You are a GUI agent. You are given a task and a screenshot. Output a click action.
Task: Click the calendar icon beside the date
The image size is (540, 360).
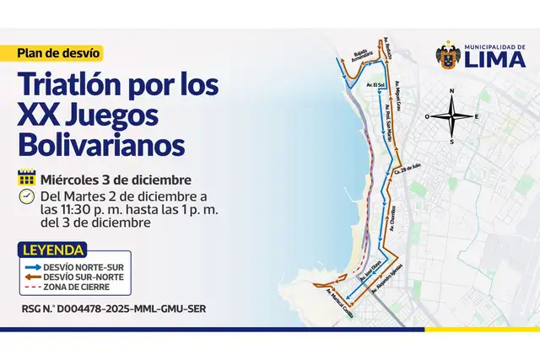[26, 179]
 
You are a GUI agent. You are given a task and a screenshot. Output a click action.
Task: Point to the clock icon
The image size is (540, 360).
[26, 197]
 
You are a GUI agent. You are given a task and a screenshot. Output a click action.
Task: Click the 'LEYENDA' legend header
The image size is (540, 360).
[54, 250]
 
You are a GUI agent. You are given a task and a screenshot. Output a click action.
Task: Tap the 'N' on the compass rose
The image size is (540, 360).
[452, 90]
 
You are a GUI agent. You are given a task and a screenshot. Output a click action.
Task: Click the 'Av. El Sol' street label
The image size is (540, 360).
[376, 86]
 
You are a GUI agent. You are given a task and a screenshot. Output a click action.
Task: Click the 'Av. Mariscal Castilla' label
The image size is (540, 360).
[342, 298]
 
